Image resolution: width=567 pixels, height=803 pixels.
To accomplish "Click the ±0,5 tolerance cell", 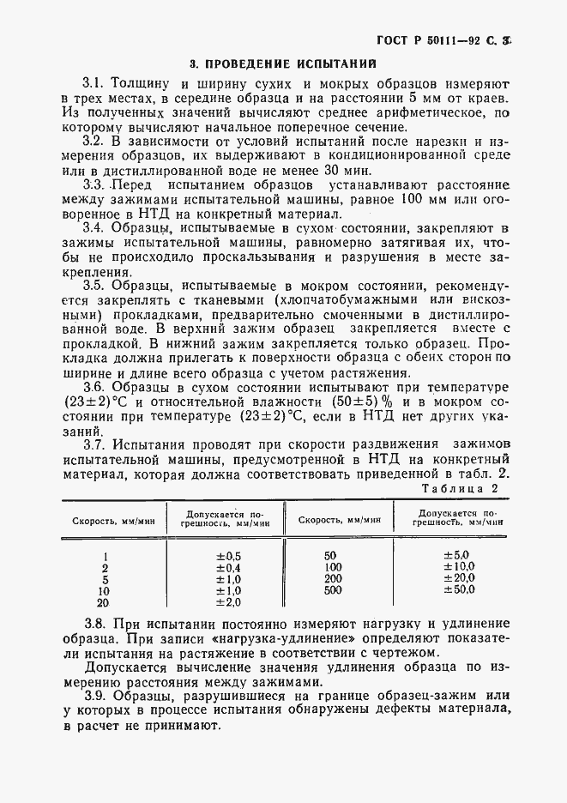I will point(228,556).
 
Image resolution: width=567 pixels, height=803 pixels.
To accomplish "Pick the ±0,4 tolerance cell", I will point(228,568).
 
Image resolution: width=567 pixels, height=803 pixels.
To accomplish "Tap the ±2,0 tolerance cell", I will point(228,602).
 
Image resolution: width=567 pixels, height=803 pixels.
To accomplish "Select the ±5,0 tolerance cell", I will point(456,556).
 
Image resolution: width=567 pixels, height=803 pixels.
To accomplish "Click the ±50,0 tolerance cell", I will point(458,590).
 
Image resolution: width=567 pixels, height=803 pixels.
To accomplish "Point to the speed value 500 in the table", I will point(334,590).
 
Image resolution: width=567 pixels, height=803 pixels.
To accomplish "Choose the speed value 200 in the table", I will point(334,579).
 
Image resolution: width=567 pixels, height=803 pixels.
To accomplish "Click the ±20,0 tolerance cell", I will point(458,579).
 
